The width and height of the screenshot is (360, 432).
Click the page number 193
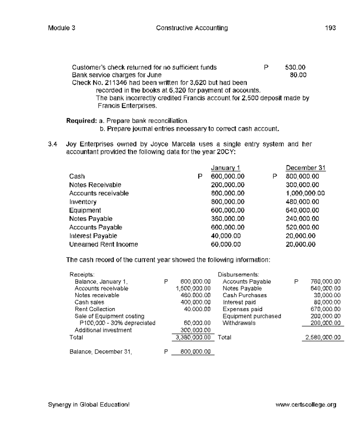point(330,28)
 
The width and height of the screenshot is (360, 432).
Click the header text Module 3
point(61,28)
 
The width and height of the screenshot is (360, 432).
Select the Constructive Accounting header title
point(192,28)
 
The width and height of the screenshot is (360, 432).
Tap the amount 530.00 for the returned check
point(295,67)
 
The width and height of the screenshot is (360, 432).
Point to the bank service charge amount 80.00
point(298,75)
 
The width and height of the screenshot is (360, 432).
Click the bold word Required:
point(81,121)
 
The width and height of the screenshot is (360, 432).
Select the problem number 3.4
point(52,144)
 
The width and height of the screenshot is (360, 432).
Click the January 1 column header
point(225,168)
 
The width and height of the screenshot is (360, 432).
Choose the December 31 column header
point(305,168)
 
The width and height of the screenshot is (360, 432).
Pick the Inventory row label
point(83,202)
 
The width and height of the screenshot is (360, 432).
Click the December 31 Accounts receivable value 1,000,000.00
point(305,193)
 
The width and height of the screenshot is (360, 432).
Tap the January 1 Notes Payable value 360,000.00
point(227,219)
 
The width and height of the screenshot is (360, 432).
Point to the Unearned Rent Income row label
point(103,244)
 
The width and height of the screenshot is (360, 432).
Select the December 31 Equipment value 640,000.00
point(302,211)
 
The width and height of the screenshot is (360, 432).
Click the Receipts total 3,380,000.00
point(193,337)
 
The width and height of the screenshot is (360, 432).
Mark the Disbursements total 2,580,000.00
point(323,337)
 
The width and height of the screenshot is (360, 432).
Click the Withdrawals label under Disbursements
point(239,323)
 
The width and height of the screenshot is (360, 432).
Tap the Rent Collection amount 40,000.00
point(197,309)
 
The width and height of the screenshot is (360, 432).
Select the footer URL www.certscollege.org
point(306,405)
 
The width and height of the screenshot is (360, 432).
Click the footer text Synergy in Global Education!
point(89,405)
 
